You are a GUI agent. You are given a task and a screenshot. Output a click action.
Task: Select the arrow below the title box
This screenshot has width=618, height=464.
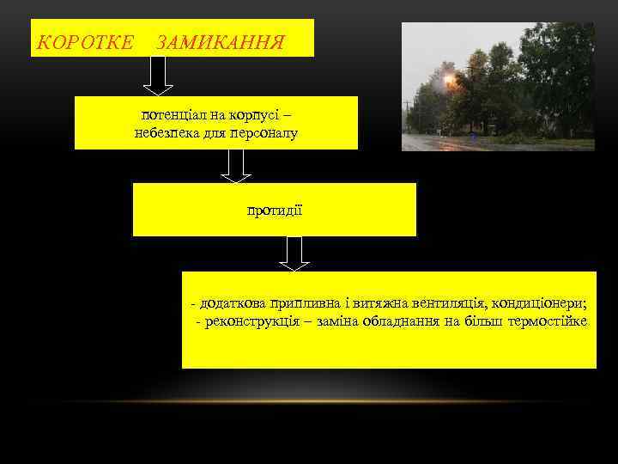point(158,75)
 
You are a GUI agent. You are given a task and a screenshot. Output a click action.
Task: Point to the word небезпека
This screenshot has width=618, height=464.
point(166,132)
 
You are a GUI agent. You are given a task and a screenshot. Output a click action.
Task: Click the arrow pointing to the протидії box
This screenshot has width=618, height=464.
point(236,165)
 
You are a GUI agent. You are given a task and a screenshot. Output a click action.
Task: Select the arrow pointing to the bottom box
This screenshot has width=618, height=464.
point(294,253)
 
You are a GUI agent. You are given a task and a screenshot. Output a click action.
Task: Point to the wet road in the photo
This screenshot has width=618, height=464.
point(481,143)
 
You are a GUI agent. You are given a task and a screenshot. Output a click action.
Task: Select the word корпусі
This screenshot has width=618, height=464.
point(253,113)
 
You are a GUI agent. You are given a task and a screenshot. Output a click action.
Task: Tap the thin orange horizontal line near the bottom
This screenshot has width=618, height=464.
point(308,401)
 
